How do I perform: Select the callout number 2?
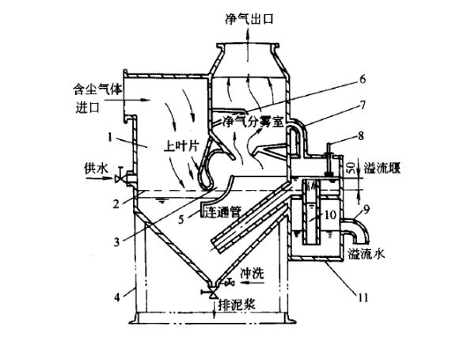click(116, 203)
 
